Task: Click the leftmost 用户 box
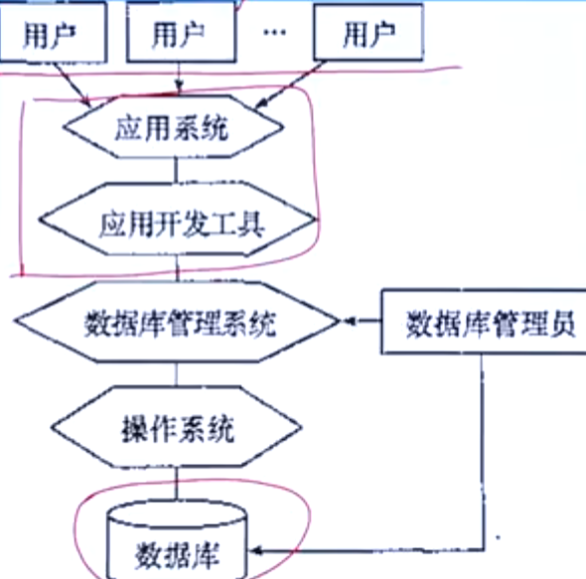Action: click(53, 32)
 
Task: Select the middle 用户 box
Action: click(181, 32)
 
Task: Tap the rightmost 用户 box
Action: click(368, 32)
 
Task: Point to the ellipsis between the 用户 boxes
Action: click(275, 32)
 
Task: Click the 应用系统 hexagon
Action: click(174, 127)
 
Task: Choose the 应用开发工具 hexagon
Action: click(177, 219)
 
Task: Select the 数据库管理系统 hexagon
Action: click(177, 322)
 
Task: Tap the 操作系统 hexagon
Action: click(177, 427)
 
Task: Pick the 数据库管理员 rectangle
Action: click(484, 322)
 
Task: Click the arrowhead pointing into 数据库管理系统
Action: click(349, 321)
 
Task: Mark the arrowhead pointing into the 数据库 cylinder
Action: click(256, 550)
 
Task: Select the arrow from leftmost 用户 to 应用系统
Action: click(73, 84)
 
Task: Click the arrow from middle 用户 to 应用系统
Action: click(180, 78)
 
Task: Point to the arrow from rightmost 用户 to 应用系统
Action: click(290, 84)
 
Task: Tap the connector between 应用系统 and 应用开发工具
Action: click(177, 171)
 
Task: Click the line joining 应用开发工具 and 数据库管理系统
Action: click(178, 268)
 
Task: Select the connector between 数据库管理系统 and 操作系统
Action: click(177, 374)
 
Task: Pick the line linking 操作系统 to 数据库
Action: click(177, 484)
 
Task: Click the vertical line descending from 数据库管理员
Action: click(482, 452)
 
